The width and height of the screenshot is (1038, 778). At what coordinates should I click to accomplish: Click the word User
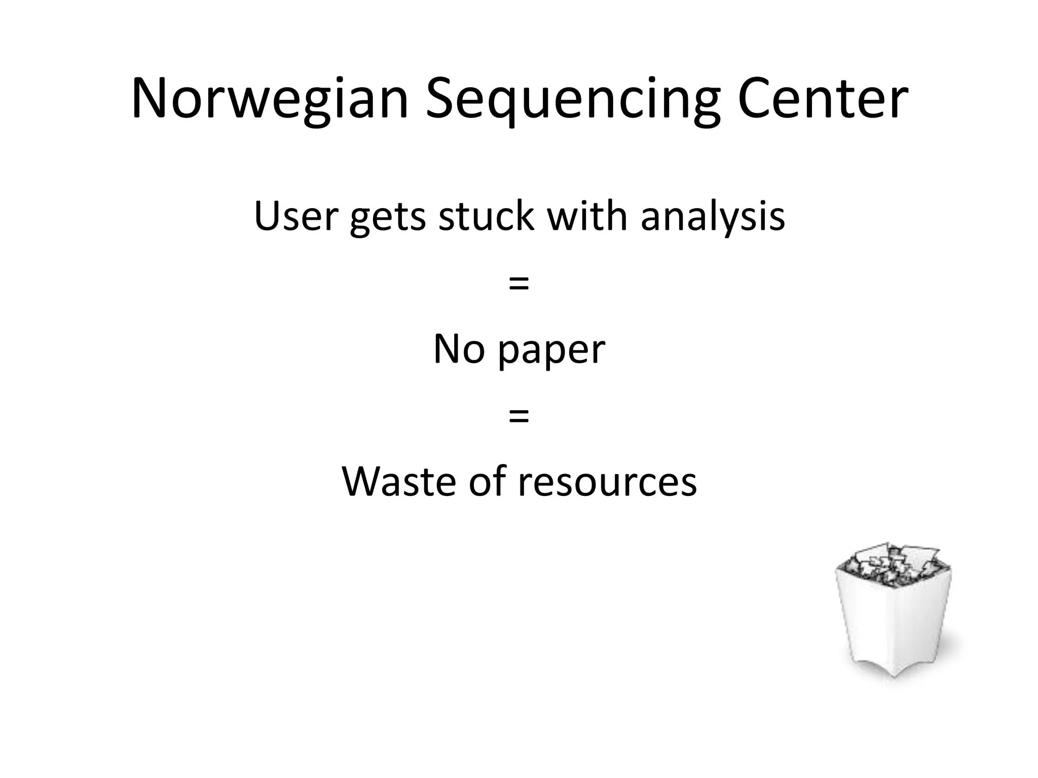click(x=296, y=216)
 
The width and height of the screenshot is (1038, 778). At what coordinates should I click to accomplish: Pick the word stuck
click(x=486, y=216)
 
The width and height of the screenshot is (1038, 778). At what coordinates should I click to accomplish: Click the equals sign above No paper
click(x=518, y=284)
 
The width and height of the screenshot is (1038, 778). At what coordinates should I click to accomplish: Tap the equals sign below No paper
click(x=518, y=416)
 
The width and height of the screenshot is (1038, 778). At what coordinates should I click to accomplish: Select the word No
click(x=459, y=349)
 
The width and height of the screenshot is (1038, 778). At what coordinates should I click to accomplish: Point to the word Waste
click(x=399, y=481)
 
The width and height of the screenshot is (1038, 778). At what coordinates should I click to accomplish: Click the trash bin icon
click(x=894, y=613)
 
